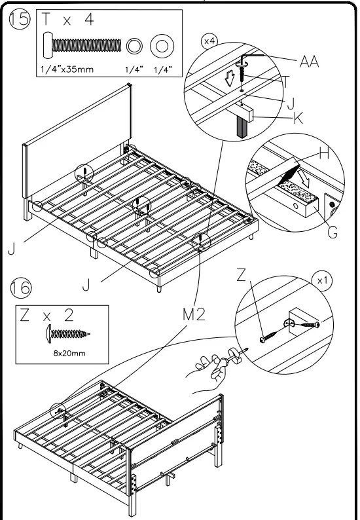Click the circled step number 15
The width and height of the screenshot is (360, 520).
pyautogui.click(x=19, y=19)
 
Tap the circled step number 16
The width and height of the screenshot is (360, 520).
pyautogui.click(x=21, y=288)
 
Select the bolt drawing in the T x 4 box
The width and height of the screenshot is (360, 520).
pyautogui.click(x=82, y=45)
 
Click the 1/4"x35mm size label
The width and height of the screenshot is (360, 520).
pyautogui.click(x=67, y=69)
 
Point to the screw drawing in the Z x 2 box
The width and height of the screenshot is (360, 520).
pyautogui.click(x=68, y=333)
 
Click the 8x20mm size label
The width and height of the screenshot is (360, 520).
pyautogui.click(x=69, y=354)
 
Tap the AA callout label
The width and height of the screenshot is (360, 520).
pyautogui.click(x=309, y=62)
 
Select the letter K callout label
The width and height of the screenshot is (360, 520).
pyautogui.click(x=298, y=118)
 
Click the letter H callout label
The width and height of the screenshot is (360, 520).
pyautogui.click(x=324, y=153)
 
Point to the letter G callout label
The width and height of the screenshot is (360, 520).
pyautogui.click(x=333, y=232)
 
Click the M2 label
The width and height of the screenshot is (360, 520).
pyautogui.click(x=194, y=315)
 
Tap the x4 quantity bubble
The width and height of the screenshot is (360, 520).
pyautogui.click(x=209, y=41)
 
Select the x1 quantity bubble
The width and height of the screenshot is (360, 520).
pyautogui.click(x=322, y=281)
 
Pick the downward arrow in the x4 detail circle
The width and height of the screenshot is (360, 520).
pyautogui.click(x=229, y=79)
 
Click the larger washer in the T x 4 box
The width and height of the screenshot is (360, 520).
pyautogui.click(x=162, y=46)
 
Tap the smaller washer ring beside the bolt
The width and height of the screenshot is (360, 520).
pyautogui.click(x=134, y=46)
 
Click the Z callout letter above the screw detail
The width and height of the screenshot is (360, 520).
pyautogui.click(x=242, y=275)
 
